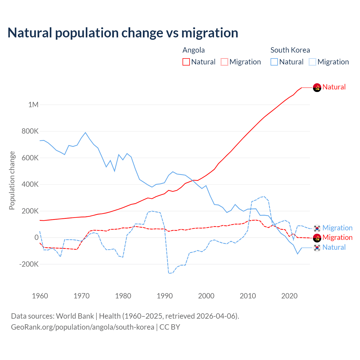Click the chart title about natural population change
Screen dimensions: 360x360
pyautogui.click(x=123, y=33)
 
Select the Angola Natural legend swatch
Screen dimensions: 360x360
pyautogui.click(x=186, y=62)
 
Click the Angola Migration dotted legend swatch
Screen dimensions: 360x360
pyautogui.click(x=224, y=62)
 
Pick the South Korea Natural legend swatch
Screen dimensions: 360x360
pyautogui.click(x=274, y=62)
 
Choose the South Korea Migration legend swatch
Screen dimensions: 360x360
pyautogui.click(x=312, y=62)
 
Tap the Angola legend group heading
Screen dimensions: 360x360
pyautogui.click(x=193, y=50)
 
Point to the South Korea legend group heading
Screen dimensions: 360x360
pyautogui.click(x=290, y=50)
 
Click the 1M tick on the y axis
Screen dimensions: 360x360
pyautogui.click(x=33, y=105)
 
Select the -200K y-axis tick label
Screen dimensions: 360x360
pyautogui.click(x=29, y=264)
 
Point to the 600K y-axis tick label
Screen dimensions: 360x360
pyautogui.click(x=30, y=158)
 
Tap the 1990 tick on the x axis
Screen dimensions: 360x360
pyautogui.click(x=165, y=296)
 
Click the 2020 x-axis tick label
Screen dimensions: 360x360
pyautogui.click(x=289, y=296)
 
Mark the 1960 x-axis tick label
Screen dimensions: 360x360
pyautogui.click(x=40, y=296)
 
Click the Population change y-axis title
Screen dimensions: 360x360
pyautogui.click(x=12, y=181)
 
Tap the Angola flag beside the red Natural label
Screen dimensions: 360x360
pyautogui.click(x=317, y=88)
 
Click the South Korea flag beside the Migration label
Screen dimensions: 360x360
pyautogui.click(x=317, y=228)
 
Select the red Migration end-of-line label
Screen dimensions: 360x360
pyautogui.click(x=337, y=237)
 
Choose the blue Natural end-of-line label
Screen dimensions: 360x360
pyautogui.click(x=334, y=247)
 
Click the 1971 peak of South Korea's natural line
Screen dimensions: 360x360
pyautogui.click(x=85, y=132)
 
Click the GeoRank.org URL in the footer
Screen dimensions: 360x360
pyautogui.click(x=82, y=327)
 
